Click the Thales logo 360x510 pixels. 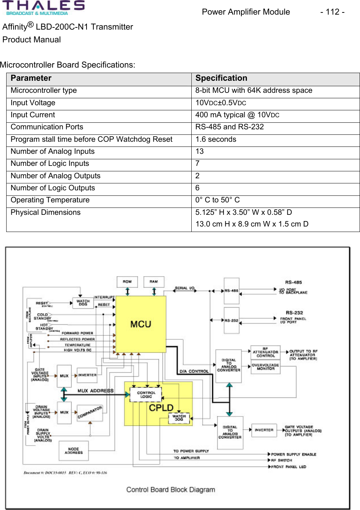click(43, 8)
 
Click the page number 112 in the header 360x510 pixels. click(332, 12)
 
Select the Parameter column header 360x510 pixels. click(31, 78)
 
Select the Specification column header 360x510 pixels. click(221, 78)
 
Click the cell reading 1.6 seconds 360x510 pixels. click(216, 139)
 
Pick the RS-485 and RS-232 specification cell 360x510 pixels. click(229, 127)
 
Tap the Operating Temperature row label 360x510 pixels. click(50, 200)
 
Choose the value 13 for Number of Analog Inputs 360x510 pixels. click(199, 151)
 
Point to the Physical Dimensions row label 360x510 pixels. click(46, 212)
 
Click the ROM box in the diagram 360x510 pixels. click(127, 282)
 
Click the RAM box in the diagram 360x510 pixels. click(154, 282)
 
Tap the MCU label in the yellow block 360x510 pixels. click(141, 324)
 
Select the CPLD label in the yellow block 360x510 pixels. click(161, 408)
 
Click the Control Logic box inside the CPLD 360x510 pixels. click(146, 395)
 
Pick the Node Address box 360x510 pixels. click(73, 451)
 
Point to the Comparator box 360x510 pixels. click(90, 412)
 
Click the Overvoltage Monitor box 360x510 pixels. click(265, 367)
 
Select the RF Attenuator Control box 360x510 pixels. click(265, 352)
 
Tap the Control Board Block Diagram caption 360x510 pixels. click(171, 490)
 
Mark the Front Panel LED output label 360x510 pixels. click(288, 467)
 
